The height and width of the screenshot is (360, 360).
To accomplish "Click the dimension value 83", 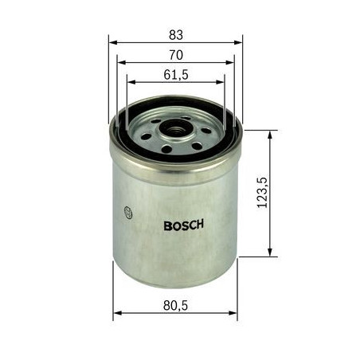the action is [x=176, y=35].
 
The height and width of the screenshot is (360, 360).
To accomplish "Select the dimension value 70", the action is [x=176, y=55].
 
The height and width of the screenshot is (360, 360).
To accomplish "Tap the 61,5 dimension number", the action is [x=176, y=75].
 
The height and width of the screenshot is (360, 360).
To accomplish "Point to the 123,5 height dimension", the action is [x=263, y=192].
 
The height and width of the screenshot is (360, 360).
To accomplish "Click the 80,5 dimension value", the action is [x=175, y=305].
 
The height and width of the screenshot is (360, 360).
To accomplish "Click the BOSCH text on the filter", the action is [x=184, y=225].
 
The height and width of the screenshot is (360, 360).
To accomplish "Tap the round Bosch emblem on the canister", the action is [x=128, y=212].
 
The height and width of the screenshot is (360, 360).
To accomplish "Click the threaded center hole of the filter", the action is [x=175, y=130].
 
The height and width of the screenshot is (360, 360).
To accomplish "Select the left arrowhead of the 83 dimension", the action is [x=113, y=42].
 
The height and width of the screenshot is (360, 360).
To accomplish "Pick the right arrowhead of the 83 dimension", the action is [x=238, y=42].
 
